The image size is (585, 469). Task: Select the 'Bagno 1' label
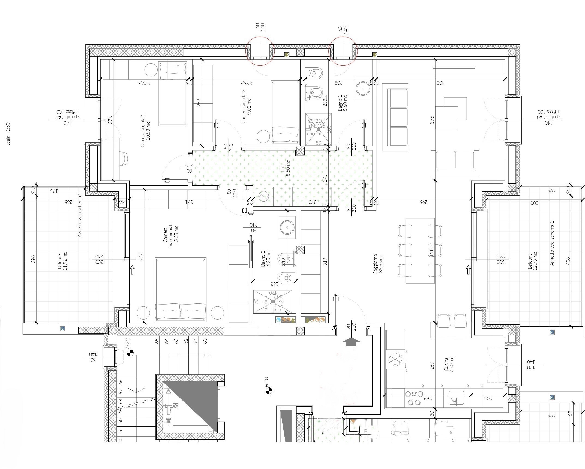tap(343, 103)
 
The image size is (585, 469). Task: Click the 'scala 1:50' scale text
tap(8, 134)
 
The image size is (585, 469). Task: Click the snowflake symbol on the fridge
tap(394, 359)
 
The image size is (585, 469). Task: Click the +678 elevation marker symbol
tap(269, 391)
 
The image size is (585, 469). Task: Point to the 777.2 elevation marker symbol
tap(130, 353)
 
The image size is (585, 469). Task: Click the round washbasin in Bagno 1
tap(363, 88)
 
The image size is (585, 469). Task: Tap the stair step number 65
tap(157, 341)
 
